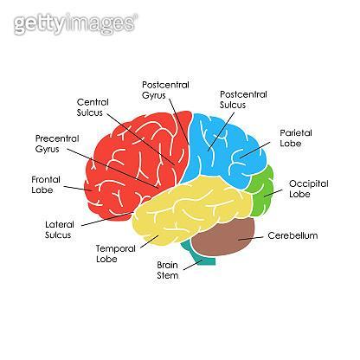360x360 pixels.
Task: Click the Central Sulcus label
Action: tap(93, 107)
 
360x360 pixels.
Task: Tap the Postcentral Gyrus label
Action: tap(165, 90)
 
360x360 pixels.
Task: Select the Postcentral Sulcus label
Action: tap(243, 100)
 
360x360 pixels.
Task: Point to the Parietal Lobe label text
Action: tap(296, 138)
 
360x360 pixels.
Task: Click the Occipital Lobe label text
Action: tap(309, 189)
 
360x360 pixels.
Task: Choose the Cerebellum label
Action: tap(292, 235)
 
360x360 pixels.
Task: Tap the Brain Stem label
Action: tap(168, 270)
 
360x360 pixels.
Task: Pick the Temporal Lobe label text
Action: tap(116, 254)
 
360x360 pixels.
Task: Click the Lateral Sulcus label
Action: tap(60, 229)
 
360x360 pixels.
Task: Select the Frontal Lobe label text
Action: tap(46, 185)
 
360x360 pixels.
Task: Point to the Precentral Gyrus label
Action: tap(57, 144)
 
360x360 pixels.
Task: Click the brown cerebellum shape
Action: tap(223, 237)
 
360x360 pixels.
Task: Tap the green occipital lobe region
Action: tap(260, 191)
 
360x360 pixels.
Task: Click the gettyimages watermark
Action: tap(75, 23)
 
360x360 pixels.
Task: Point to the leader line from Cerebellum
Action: tap(251, 238)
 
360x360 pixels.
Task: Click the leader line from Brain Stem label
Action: tap(193, 265)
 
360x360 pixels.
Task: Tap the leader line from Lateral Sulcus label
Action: tap(108, 219)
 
